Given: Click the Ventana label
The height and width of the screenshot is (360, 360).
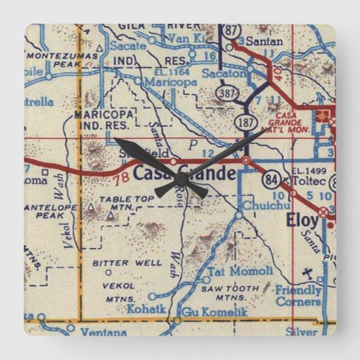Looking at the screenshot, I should [103, 333].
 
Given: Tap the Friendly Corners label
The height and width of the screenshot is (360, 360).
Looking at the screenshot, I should [298, 295].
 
